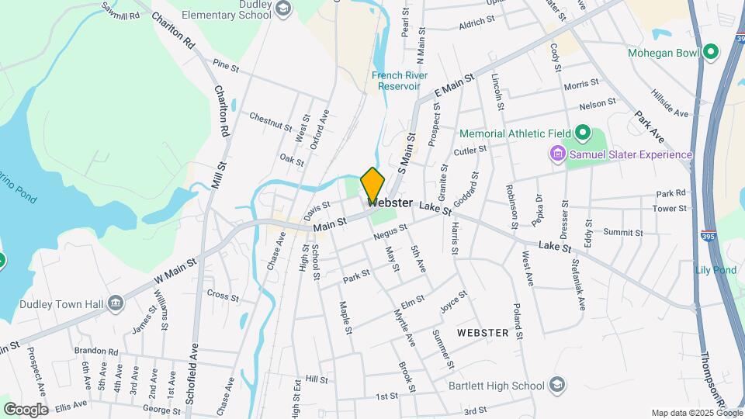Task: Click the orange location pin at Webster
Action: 372,185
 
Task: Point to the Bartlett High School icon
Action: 556,385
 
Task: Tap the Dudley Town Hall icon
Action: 116,303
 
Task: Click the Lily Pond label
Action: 716,269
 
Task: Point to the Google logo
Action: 25,409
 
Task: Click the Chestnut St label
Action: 270,121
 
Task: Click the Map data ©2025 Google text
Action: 696,413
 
